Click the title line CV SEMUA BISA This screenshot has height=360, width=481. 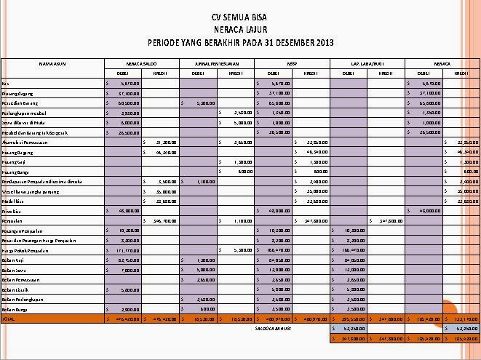click(x=240, y=15)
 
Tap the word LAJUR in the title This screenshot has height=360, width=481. click(x=253, y=28)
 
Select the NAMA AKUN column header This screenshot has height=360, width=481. click(x=52, y=63)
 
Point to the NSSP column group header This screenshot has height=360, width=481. click(x=291, y=63)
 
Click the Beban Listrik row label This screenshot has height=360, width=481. click(x=15, y=289)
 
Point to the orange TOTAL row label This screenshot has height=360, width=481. click(x=9, y=319)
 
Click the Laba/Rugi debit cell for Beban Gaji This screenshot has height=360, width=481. click(x=348, y=260)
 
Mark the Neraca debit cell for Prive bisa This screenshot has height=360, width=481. click(x=423, y=210)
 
